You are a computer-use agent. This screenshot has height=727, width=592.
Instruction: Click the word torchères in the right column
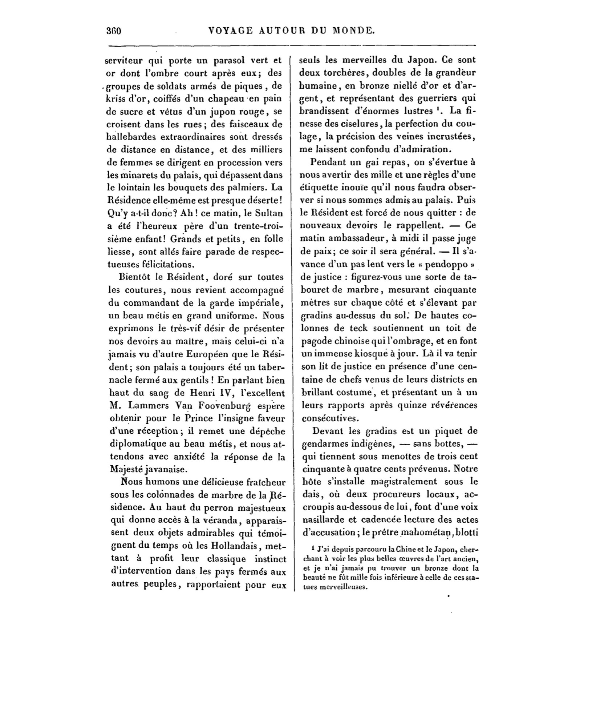[342, 73]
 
